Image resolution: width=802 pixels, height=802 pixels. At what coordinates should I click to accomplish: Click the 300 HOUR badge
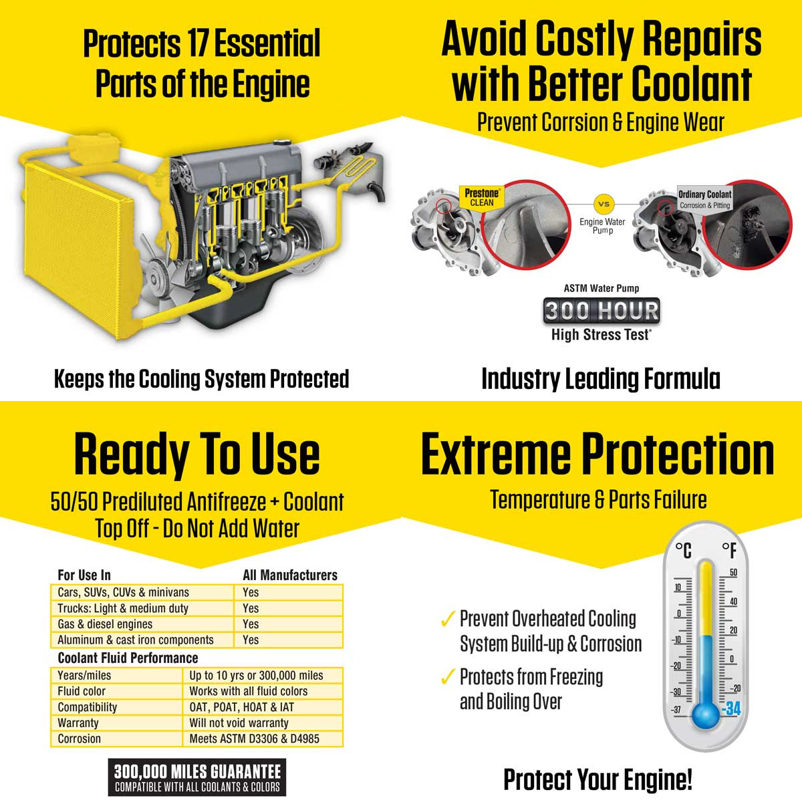coord(601,311)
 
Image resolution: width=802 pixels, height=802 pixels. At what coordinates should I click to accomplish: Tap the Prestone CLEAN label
coord(481,198)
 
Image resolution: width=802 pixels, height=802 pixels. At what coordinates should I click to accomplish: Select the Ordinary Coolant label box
coord(704,199)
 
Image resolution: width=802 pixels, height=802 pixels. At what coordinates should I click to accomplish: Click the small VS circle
coord(603,204)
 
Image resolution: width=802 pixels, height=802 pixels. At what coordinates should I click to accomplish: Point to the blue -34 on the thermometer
coord(732,708)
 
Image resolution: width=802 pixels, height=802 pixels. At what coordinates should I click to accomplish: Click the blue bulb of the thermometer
coord(706,714)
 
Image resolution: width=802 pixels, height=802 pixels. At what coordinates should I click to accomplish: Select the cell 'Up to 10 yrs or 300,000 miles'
coord(256,676)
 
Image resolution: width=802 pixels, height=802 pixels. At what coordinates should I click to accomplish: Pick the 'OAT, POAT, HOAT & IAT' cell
coord(241,707)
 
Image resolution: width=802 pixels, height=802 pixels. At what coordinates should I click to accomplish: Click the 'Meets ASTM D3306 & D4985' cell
coord(254,739)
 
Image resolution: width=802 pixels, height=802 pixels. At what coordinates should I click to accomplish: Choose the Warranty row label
coord(78,723)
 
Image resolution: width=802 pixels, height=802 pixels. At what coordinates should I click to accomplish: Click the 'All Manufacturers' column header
coord(290,575)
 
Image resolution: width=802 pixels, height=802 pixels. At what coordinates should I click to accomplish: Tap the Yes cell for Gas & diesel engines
coord(251,624)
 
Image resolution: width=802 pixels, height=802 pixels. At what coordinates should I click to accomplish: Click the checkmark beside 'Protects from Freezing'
coord(447,678)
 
